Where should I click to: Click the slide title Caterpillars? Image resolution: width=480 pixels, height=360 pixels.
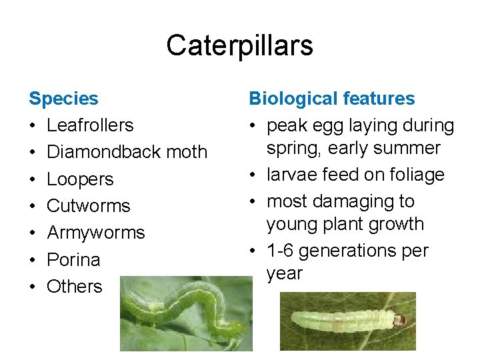point(239,45)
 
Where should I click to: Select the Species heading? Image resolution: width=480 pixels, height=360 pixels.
point(63,99)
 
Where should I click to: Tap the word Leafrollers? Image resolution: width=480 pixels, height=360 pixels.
point(90,125)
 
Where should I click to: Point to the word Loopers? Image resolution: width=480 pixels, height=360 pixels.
point(80,179)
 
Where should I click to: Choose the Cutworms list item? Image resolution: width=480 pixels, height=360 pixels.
point(89,206)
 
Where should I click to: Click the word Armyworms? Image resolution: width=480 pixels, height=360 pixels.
point(96,233)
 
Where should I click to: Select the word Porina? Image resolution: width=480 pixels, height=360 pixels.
point(73,259)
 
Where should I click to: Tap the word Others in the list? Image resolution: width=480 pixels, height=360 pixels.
point(75,286)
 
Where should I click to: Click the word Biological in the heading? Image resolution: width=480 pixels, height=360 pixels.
point(294,99)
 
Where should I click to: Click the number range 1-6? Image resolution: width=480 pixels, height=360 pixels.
point(281,251)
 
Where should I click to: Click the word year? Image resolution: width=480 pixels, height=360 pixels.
point(284,273)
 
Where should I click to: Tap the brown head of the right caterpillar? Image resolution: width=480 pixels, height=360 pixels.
point(400,320)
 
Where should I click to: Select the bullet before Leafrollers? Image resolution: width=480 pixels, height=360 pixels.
point(33,125)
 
